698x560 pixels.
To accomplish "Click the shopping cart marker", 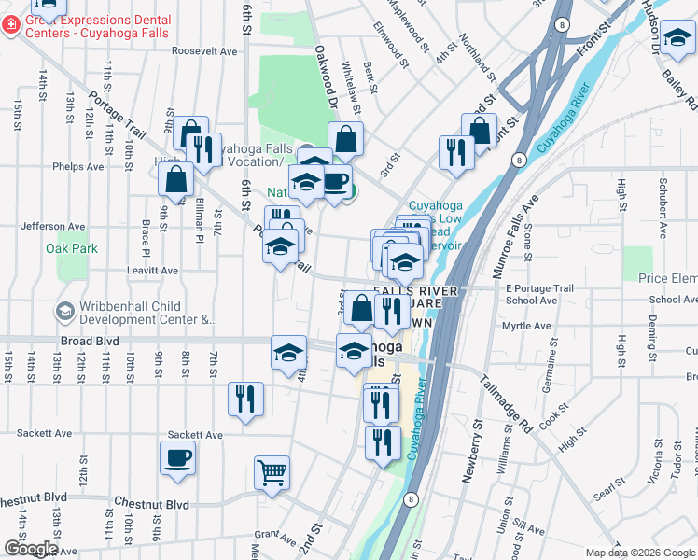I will [272, 472].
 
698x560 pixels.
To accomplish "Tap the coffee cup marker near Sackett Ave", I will [177, 458].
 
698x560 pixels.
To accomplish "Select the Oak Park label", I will [72, 248].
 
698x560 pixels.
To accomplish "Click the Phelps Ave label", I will [79, 168].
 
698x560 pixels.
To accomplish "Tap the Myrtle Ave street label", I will [526, 326].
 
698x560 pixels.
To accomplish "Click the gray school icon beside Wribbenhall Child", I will [65, 312].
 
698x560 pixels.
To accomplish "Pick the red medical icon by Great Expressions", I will [10, 25].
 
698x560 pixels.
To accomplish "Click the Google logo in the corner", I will [31, 548].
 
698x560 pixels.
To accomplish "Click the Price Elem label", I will [667, 278].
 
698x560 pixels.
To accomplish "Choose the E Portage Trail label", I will [539, 287].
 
